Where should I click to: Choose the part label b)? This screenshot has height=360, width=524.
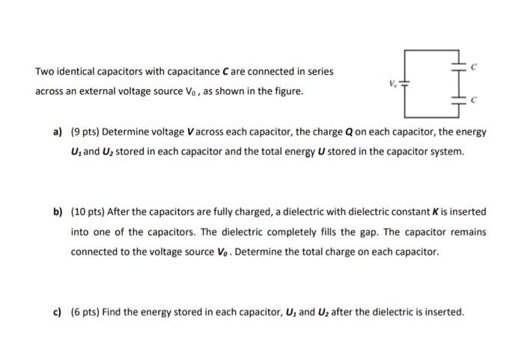click(58, 213)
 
